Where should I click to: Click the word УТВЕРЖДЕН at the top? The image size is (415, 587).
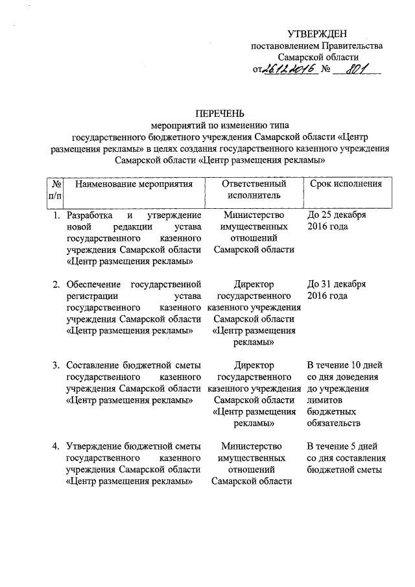coord(318,34)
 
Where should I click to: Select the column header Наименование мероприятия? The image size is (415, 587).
coord(135,184)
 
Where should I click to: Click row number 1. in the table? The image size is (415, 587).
coord(57,215)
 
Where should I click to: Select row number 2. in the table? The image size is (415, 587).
coord(57,284)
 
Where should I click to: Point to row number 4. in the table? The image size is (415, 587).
coord(57,446)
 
